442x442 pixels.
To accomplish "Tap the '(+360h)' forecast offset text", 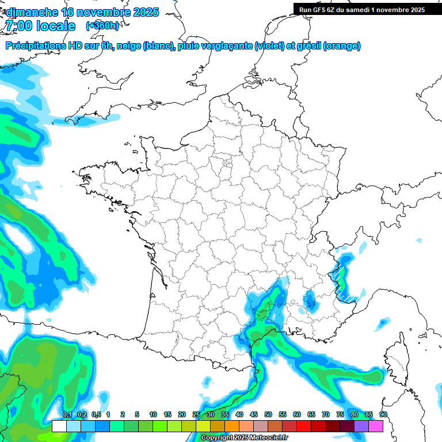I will point(102,25).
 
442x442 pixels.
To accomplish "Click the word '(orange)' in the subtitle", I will point(342,46).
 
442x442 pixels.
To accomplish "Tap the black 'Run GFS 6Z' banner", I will point(361,9).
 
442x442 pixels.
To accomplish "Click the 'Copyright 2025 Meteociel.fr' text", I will point(245,438).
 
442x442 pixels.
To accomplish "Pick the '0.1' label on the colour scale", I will point(67,415).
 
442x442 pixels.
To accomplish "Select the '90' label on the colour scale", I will point(383,415).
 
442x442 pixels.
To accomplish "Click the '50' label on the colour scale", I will point(268,415).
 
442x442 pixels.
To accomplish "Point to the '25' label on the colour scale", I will point(196,415).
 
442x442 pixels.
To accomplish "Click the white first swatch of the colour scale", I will point(59,426).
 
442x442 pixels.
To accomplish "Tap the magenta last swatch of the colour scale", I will point(376,426).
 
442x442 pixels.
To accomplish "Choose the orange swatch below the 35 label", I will point(232,426).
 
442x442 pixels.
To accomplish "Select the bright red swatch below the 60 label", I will point(304,426).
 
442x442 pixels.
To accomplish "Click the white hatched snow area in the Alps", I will point(344,282).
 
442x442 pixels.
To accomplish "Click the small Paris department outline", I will point(227,163).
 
